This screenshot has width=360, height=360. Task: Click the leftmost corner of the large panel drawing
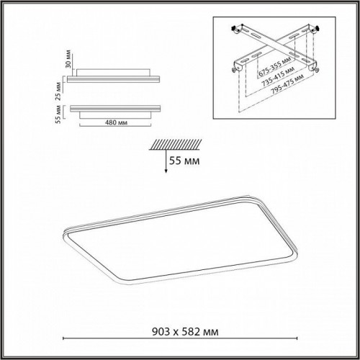(x=66, y=232)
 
